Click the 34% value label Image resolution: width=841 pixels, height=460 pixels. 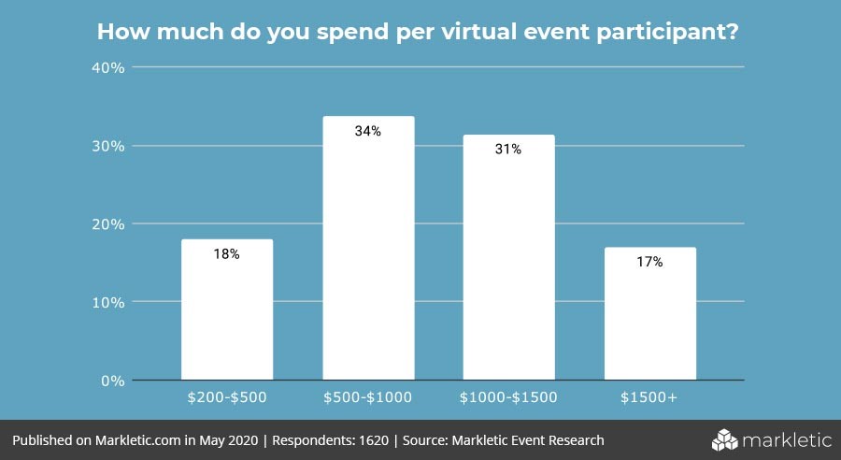(x=368, y=132)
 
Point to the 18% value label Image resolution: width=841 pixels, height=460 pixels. (x=227, y=254)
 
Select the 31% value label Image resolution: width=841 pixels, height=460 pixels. (x=508, y=150)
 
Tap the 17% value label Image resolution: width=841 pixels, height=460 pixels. (x=649, y=263)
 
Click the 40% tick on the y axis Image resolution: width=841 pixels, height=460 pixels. (x=109, y=67)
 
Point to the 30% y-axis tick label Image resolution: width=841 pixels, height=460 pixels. (x=109, y=146)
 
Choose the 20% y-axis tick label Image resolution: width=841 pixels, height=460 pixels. (x=109, y=224)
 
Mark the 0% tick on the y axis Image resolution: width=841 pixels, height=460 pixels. (x=113, y=381)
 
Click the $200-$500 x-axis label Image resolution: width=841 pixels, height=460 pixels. (x=227, y=397)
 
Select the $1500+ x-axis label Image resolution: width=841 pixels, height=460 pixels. (x=649, y=397)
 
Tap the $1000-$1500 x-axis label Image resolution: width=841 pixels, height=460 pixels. (x=508, y=397)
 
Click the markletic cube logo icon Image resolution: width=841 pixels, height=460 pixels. (x=725, y=438)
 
